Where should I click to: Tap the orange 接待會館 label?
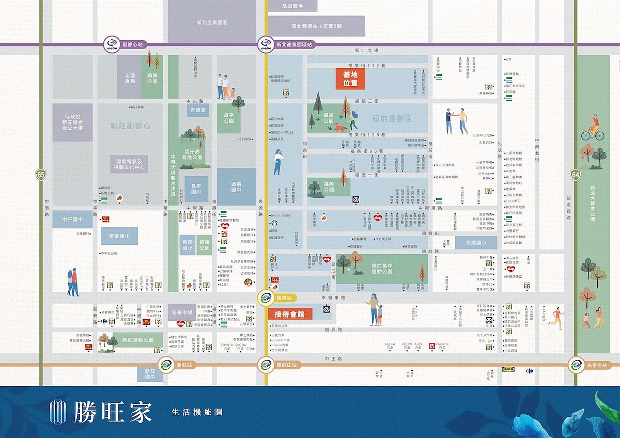click(x=290, y=314)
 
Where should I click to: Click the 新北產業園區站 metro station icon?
click(x=266, y=44)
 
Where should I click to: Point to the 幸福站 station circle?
click(x=266, y=298)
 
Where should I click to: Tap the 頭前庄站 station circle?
click(x=266, y=365)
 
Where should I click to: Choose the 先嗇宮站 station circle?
click(x=575, y=365)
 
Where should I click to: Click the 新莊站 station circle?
click(x=166, y=365)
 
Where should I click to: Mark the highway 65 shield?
click(x=41, y=175)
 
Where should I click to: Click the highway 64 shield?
click(x=575, y=175)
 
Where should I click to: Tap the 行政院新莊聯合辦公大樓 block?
click(x=72, y=122)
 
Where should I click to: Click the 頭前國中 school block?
click(x=237, y=187)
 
